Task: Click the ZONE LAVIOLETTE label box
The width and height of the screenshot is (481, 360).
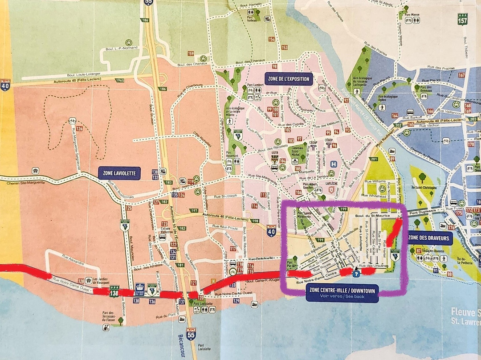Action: click(119, 173)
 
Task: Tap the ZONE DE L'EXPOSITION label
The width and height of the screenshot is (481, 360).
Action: click(289, 79)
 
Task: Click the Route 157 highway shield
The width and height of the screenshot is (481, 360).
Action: click(463, 19)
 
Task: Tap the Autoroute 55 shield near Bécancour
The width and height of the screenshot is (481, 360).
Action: click(191, 334)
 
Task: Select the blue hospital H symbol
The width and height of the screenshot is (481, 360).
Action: click(334, 164)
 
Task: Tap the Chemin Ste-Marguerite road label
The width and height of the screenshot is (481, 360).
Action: click(18, 182)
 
